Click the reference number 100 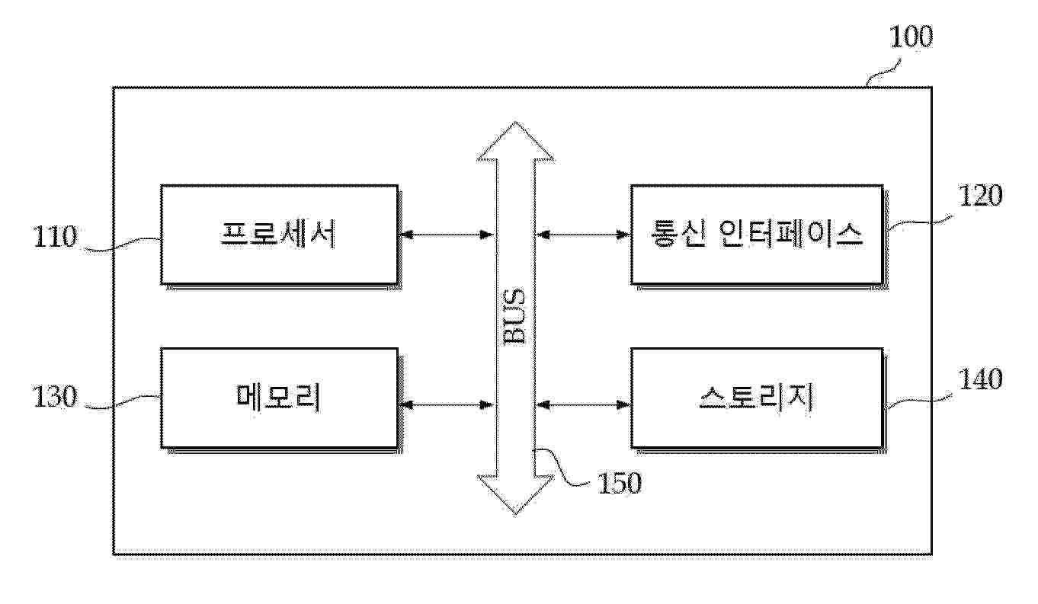[x=911, y=37]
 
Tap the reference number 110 [x=55, y=237]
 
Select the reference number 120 [x=980, y=196]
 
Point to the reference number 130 [x=54, y=397]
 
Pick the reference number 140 [x=980, y=379]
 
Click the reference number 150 [x=620, y=483]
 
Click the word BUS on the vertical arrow [x=514, y=316]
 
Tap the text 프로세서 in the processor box [x=278, y=234]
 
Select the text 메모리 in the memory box [x=278, y=397]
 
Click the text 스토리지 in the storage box [x=756, y=397]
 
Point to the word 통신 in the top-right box [x=678, y=234]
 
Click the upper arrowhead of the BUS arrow [x=515, y=141]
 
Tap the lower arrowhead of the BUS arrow [x=515, y=494]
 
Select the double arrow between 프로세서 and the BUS [x=447, y=235]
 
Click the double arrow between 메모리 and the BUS [x=447, y=405]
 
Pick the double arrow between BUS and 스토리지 [x=584, y=405]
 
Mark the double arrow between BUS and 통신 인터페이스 [x=584, y=235]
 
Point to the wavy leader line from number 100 [x=884, y=72]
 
